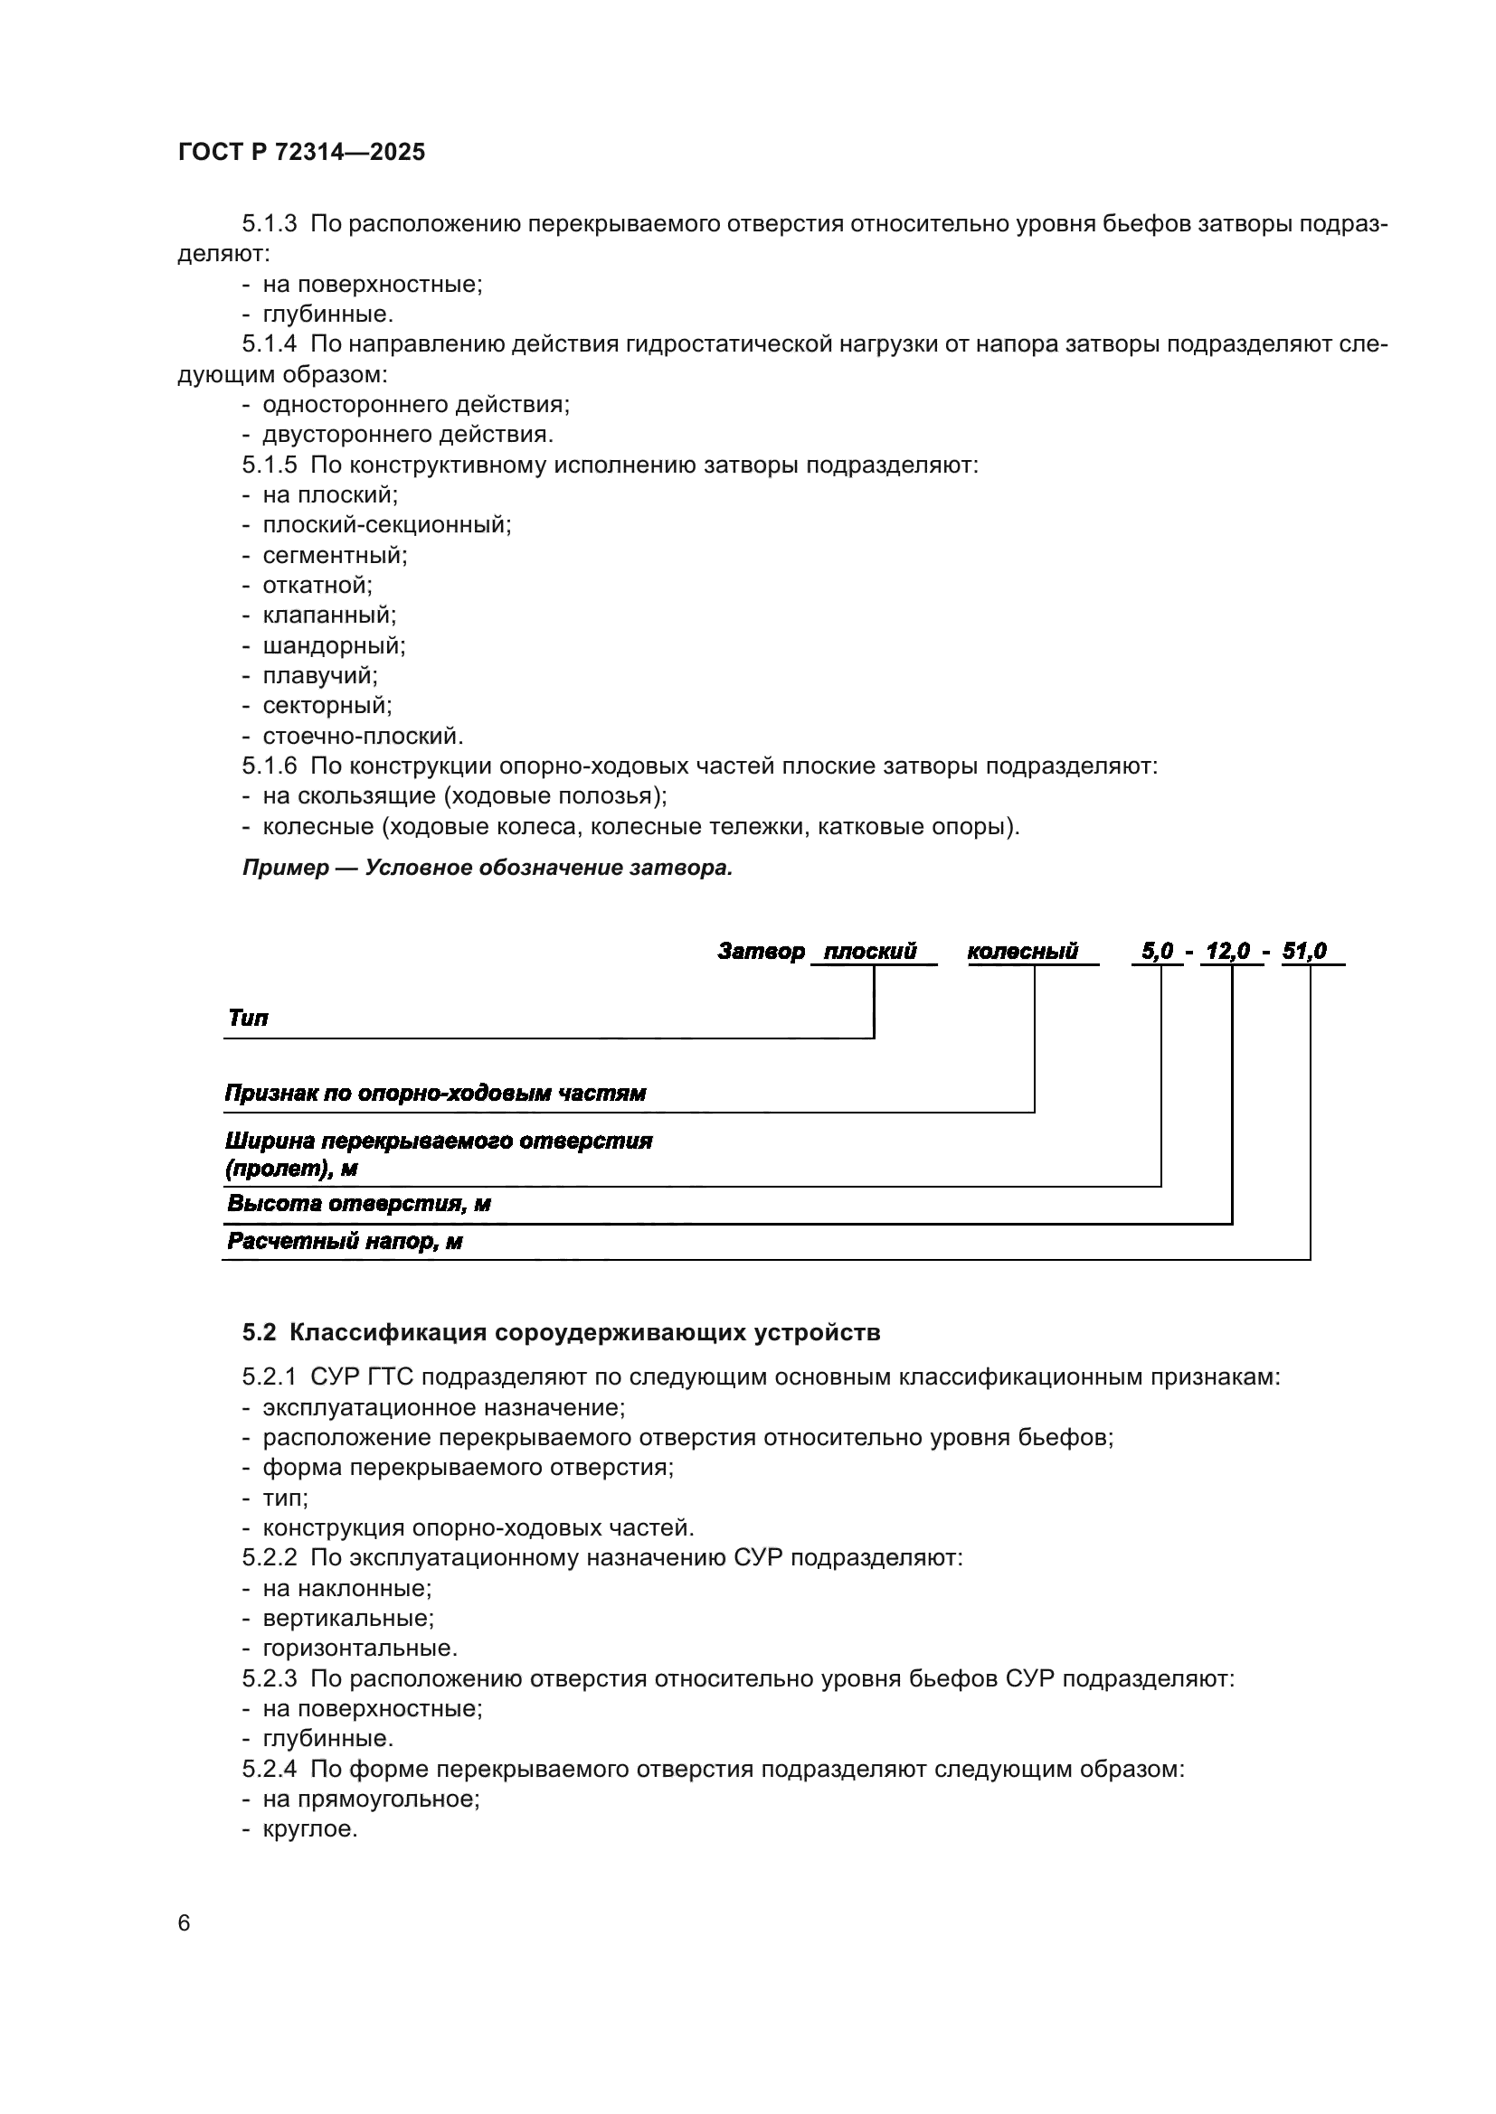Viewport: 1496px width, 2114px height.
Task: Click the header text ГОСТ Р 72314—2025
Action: pos(301,153)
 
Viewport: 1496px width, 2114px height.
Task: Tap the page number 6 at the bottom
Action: pos(185,1923)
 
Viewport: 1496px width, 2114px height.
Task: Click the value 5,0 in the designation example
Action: pos(1158,951)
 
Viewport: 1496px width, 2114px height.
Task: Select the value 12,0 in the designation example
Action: pos(1228,951)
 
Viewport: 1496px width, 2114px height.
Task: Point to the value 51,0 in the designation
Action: pos(1304,951)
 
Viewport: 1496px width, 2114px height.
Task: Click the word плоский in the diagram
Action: pos(870,951)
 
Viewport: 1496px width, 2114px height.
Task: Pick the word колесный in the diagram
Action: pos(1023,951)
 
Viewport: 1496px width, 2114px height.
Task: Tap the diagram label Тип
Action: pos(248,1019)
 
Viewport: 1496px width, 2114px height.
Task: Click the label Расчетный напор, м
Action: pos(345,1242)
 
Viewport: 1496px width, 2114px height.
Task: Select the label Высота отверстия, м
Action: pos(358,1204)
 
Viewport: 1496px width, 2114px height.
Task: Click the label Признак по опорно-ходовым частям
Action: pos(435,1094)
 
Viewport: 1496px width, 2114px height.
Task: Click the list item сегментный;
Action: pos(335,555)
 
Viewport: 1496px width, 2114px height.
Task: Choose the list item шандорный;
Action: pos(334,645)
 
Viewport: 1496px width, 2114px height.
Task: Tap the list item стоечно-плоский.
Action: pos(363,736)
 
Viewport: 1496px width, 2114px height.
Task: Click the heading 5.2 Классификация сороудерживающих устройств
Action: pos(561,1332)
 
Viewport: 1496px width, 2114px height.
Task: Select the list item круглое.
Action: pos(309,1828)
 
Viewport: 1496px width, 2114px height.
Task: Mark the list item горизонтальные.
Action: pos(359,1649)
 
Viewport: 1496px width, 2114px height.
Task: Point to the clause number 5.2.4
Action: pos(269,1769)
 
